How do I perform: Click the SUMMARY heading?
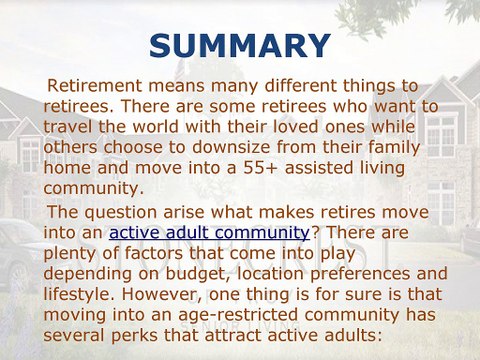[239, 45]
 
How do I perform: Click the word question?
[128, 212]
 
